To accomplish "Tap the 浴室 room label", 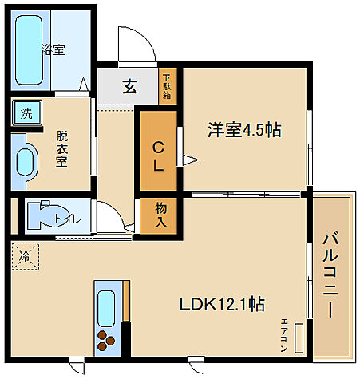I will [54, 49].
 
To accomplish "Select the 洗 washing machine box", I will [26, 113].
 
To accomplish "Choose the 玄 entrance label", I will [130, 86].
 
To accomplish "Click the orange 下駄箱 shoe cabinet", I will [166, 85].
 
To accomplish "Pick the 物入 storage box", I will [160, 215].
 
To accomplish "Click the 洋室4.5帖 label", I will [245, 129].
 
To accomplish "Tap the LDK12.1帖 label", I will [222, 304].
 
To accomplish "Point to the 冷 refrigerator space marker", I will [25, 258].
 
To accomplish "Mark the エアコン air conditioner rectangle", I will [298, 338].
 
